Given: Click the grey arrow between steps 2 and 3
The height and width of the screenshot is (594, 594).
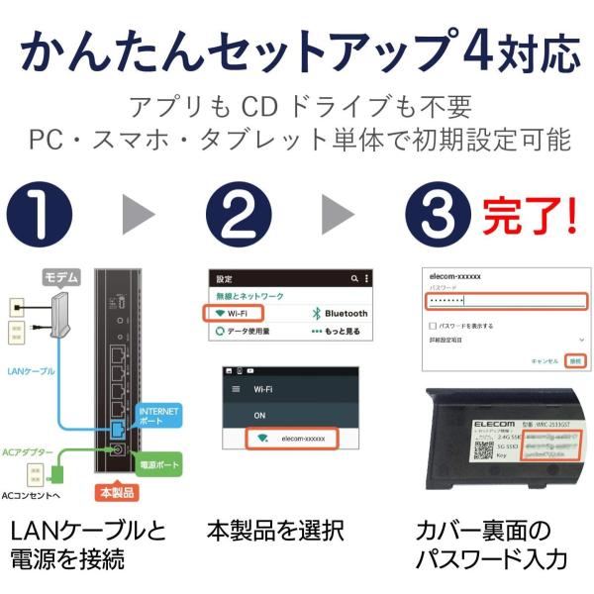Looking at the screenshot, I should (338, 214).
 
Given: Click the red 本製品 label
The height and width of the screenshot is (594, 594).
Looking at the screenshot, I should (117, 491).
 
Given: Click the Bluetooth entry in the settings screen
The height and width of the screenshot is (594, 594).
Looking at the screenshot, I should (340, 313).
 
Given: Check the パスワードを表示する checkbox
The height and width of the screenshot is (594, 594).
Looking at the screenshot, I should (432, 325).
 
